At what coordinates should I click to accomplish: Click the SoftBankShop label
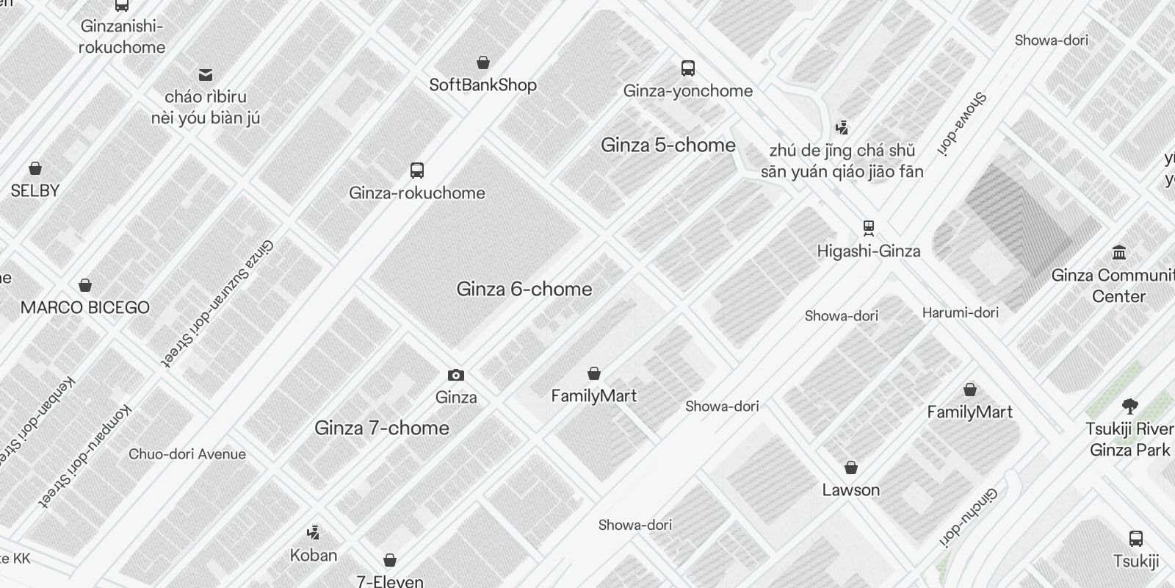click(482, 85)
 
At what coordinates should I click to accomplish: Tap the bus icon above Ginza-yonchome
click(688, 68)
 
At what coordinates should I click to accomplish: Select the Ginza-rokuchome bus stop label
click(416, 193)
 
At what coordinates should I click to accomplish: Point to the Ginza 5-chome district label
click(668, 146)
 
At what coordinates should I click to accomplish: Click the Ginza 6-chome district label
click(524, 290)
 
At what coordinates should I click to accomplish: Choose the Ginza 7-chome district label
click(381, 429)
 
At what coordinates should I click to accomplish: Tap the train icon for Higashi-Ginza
click(869, 227)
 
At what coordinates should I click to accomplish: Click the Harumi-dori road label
click(960, 313)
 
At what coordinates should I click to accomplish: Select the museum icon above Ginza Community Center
click(1119, 253)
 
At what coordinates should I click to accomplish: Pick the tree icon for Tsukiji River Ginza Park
click(1130, 406)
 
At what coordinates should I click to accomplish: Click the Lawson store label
click(850, 490)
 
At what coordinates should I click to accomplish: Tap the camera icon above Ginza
click(456, 376)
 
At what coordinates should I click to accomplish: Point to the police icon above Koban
click(314, 532)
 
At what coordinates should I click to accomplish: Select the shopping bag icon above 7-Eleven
click(390, 561)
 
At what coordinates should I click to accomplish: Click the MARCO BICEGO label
click(85, 308)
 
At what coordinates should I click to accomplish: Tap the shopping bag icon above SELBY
click(35, 168)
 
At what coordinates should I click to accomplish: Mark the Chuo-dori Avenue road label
click(187, 454)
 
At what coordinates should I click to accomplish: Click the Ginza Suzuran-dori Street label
click(217, 303)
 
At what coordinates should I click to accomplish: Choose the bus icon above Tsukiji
click(1135, 539)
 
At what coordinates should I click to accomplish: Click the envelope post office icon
click(206, 75)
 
